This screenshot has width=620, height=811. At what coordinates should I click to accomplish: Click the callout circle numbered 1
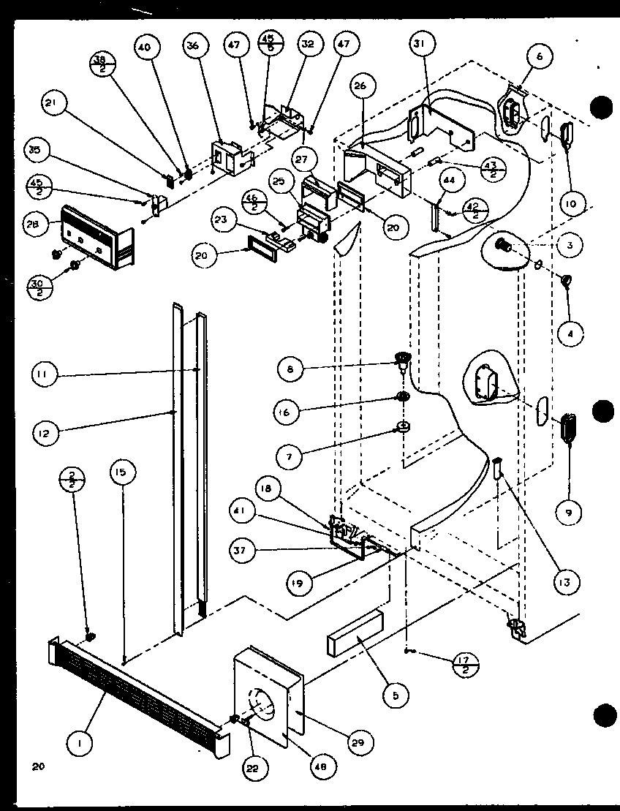(79, 745)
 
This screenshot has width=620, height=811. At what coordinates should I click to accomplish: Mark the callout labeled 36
(192, 45)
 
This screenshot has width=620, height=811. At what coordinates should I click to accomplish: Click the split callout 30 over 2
(41, 284)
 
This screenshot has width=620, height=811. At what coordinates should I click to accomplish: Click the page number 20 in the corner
(38, 767)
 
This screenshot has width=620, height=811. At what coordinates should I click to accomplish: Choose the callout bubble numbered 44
(448, 180)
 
